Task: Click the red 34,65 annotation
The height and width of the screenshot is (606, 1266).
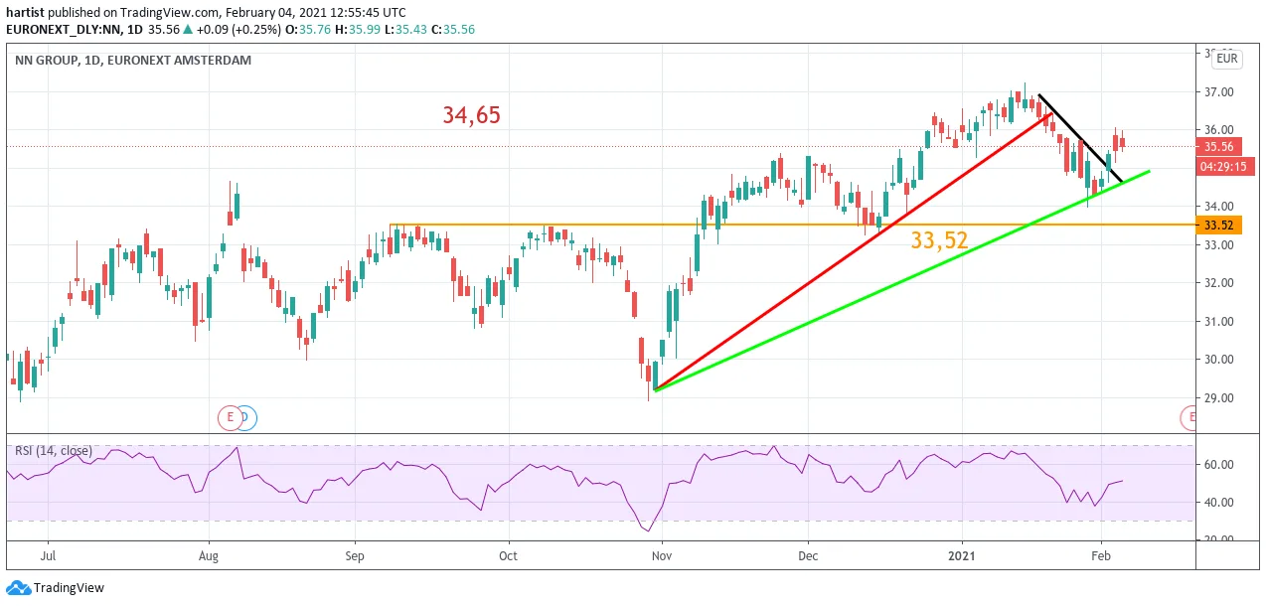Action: point(471,115)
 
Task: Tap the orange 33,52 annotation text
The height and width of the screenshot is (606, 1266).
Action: point(939,240)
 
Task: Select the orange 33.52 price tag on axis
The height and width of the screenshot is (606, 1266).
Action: point(1218,226)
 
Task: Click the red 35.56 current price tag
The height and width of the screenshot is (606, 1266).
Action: point(1218,147)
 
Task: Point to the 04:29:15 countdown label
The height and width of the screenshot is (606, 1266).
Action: point(1223,167)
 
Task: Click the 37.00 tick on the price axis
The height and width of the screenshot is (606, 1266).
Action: point(1219,92)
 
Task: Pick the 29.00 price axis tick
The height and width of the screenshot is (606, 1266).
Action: point(1219,398)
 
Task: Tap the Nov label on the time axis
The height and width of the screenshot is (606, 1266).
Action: point(661,555)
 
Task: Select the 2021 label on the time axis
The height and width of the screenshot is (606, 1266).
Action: point(961,555)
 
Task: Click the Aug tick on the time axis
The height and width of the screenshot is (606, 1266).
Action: point(209,555)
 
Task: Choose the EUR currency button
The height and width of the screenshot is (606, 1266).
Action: point(1226,59)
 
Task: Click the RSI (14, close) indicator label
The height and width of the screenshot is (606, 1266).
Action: point(53,451)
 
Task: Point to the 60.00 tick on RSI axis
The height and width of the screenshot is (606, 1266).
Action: point(1219,464)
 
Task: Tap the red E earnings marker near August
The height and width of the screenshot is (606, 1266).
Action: point(230,418)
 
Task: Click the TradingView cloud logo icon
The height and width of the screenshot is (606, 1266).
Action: point(18,588)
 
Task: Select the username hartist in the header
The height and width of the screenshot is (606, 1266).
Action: point(25,13)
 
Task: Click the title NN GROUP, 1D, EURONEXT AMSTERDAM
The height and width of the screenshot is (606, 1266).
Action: point(133,60)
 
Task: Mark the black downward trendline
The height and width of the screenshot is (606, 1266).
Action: point(1080,138)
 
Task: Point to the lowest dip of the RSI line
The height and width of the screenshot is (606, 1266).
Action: point(648,530)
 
